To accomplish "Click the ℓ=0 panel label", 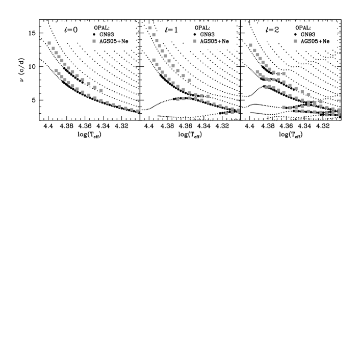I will [71, 30].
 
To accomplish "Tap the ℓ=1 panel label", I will [171, 30].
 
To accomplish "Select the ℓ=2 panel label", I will [272, 30].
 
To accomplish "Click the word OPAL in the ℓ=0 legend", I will [102, 28].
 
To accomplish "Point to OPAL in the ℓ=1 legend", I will [202, 28].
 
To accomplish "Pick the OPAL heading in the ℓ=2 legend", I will [303, 28].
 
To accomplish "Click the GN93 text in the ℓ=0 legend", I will [107, 34].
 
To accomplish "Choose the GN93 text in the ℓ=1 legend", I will [207, 34].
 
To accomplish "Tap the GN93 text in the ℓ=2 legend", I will [307, 34].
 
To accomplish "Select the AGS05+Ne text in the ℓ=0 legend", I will [114, 41].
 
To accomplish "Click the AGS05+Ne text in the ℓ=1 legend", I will [214, 41].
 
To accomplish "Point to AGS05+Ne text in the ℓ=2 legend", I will [315, 41].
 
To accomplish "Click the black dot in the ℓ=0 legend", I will [94, 34].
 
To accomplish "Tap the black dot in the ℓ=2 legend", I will [295, 34].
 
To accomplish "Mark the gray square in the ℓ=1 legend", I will [195, 41].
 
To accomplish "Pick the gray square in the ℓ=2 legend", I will [295, 41].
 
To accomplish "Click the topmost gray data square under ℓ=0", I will [49, 43].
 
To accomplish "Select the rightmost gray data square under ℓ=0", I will [138, 111].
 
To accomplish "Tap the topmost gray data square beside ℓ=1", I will [150, 28].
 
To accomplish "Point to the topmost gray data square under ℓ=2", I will [250, 45].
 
